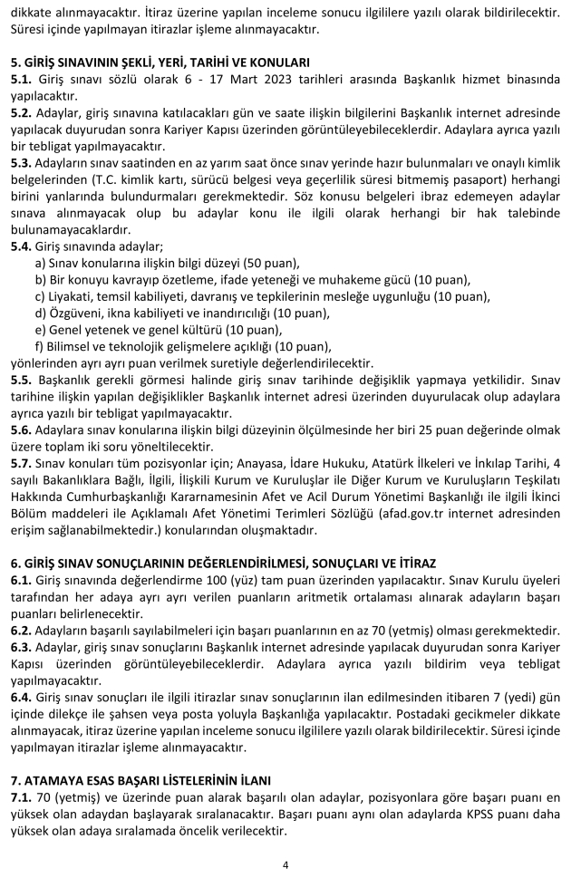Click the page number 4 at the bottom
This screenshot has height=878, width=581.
(286, 864)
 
